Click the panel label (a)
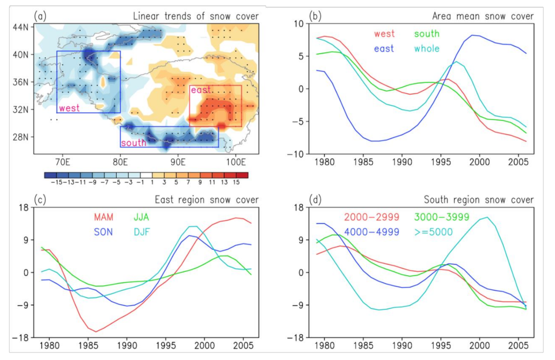(x=40, y=16)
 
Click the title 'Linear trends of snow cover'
(x=196, y=16)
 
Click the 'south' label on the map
(x=134, y=143)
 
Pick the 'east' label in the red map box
(x=200, y=90)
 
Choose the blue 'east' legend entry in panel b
(x=383, y=49)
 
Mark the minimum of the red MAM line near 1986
(x=95, y=331)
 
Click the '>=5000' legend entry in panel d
(x=436, y=231)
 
